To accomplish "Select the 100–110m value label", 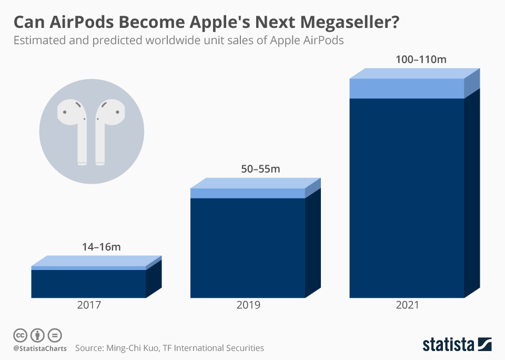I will click(x=421, y=59).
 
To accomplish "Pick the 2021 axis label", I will click(x=406, y=305).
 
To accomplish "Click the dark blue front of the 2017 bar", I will click(x=88, y=284).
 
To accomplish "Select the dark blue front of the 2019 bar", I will click(x=248, y=247).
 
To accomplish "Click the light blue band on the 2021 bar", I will click(x=407, y=88).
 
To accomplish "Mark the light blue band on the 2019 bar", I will click(x=248, y=193).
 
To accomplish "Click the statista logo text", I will click(x=448, y=345).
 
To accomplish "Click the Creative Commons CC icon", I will click(x=20, y=335).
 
